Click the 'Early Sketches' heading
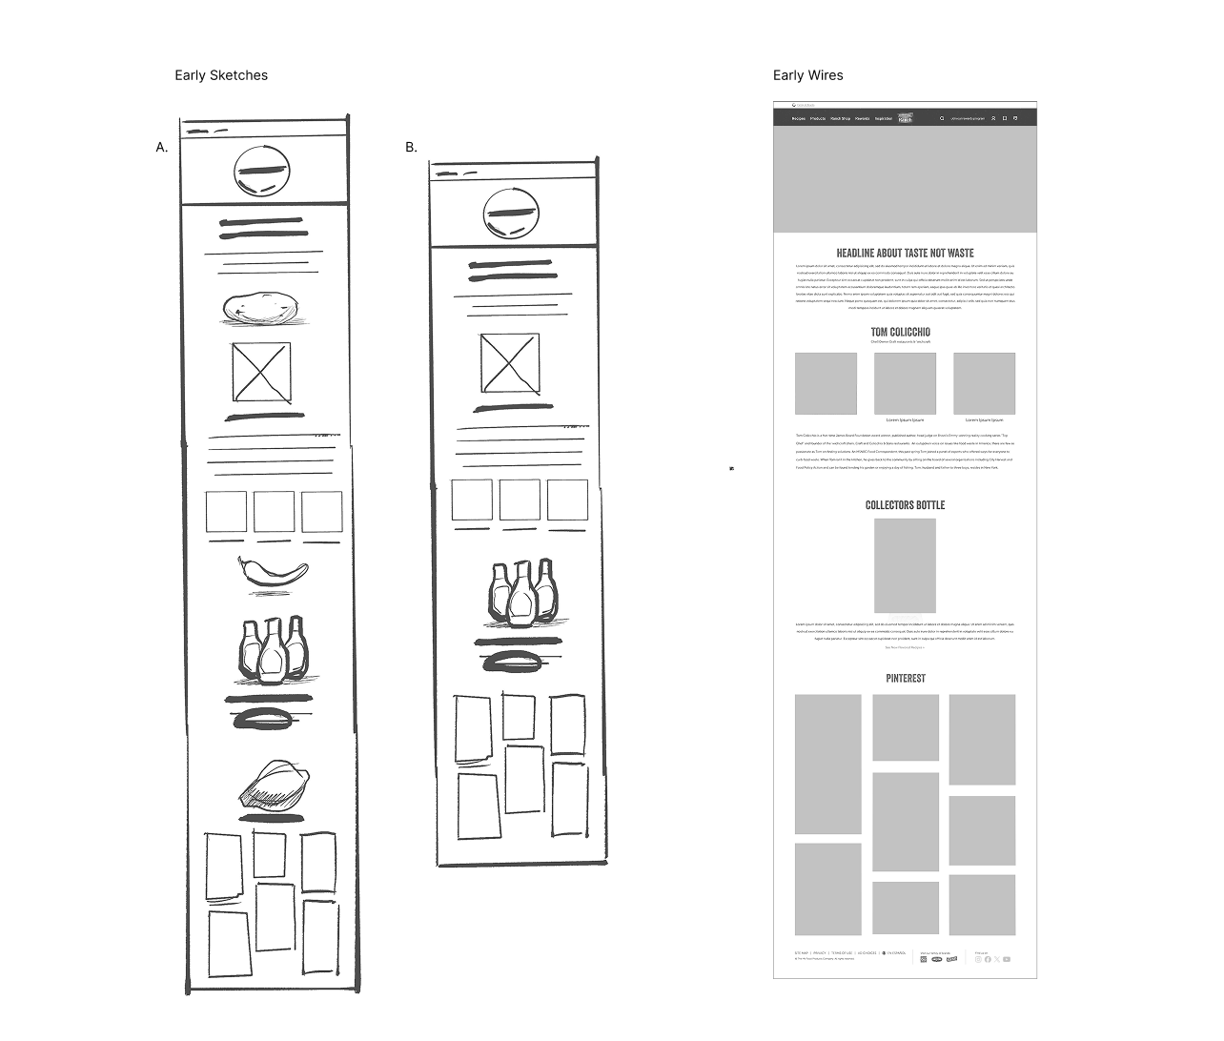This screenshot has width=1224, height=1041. [x=221, y=75]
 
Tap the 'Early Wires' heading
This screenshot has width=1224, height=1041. [x=807, y=75]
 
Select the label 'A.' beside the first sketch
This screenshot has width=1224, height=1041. [x=162, y=147]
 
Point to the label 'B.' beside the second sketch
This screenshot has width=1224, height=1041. [x=411, y=147]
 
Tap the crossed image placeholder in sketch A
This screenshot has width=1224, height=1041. [x=261, y=372]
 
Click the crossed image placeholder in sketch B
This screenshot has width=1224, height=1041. [x=510, y=362]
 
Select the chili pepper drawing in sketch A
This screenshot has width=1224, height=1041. [x=273, y=571]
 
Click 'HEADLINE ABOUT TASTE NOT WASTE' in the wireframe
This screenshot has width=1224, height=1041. [x=905, y=253]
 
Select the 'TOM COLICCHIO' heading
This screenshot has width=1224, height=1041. [x=900, y=332]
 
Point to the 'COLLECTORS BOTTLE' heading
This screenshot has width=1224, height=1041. [x=905, y=504]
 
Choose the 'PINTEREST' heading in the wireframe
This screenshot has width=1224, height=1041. [x=905, y=678]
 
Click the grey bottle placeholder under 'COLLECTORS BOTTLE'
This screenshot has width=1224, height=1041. [x=905, y=566]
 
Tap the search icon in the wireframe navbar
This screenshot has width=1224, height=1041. [x=942, y=118]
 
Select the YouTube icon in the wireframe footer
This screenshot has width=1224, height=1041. [x=1007, y=959]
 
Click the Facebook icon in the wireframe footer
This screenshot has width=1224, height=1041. [x=988, y=959]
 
